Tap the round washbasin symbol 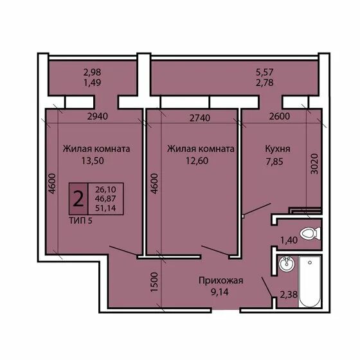point(287,264)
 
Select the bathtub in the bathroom point(309,282)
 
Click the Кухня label point(278,148)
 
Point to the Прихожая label point(221,280)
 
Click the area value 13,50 point(93,161)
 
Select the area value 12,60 point(197,161)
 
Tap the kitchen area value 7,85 point(274,161)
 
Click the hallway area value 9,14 point(220,292)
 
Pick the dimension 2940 point(98,116)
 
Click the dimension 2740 point(200,118)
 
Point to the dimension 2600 point(280,116)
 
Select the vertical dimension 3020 point(314,164)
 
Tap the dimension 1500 point(154,282)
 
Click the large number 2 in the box point(78,199)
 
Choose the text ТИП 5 point(80,221)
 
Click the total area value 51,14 point(105,208)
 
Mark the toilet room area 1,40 point(289,240)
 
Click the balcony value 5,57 point(265,72)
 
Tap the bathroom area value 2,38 point(289,294)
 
